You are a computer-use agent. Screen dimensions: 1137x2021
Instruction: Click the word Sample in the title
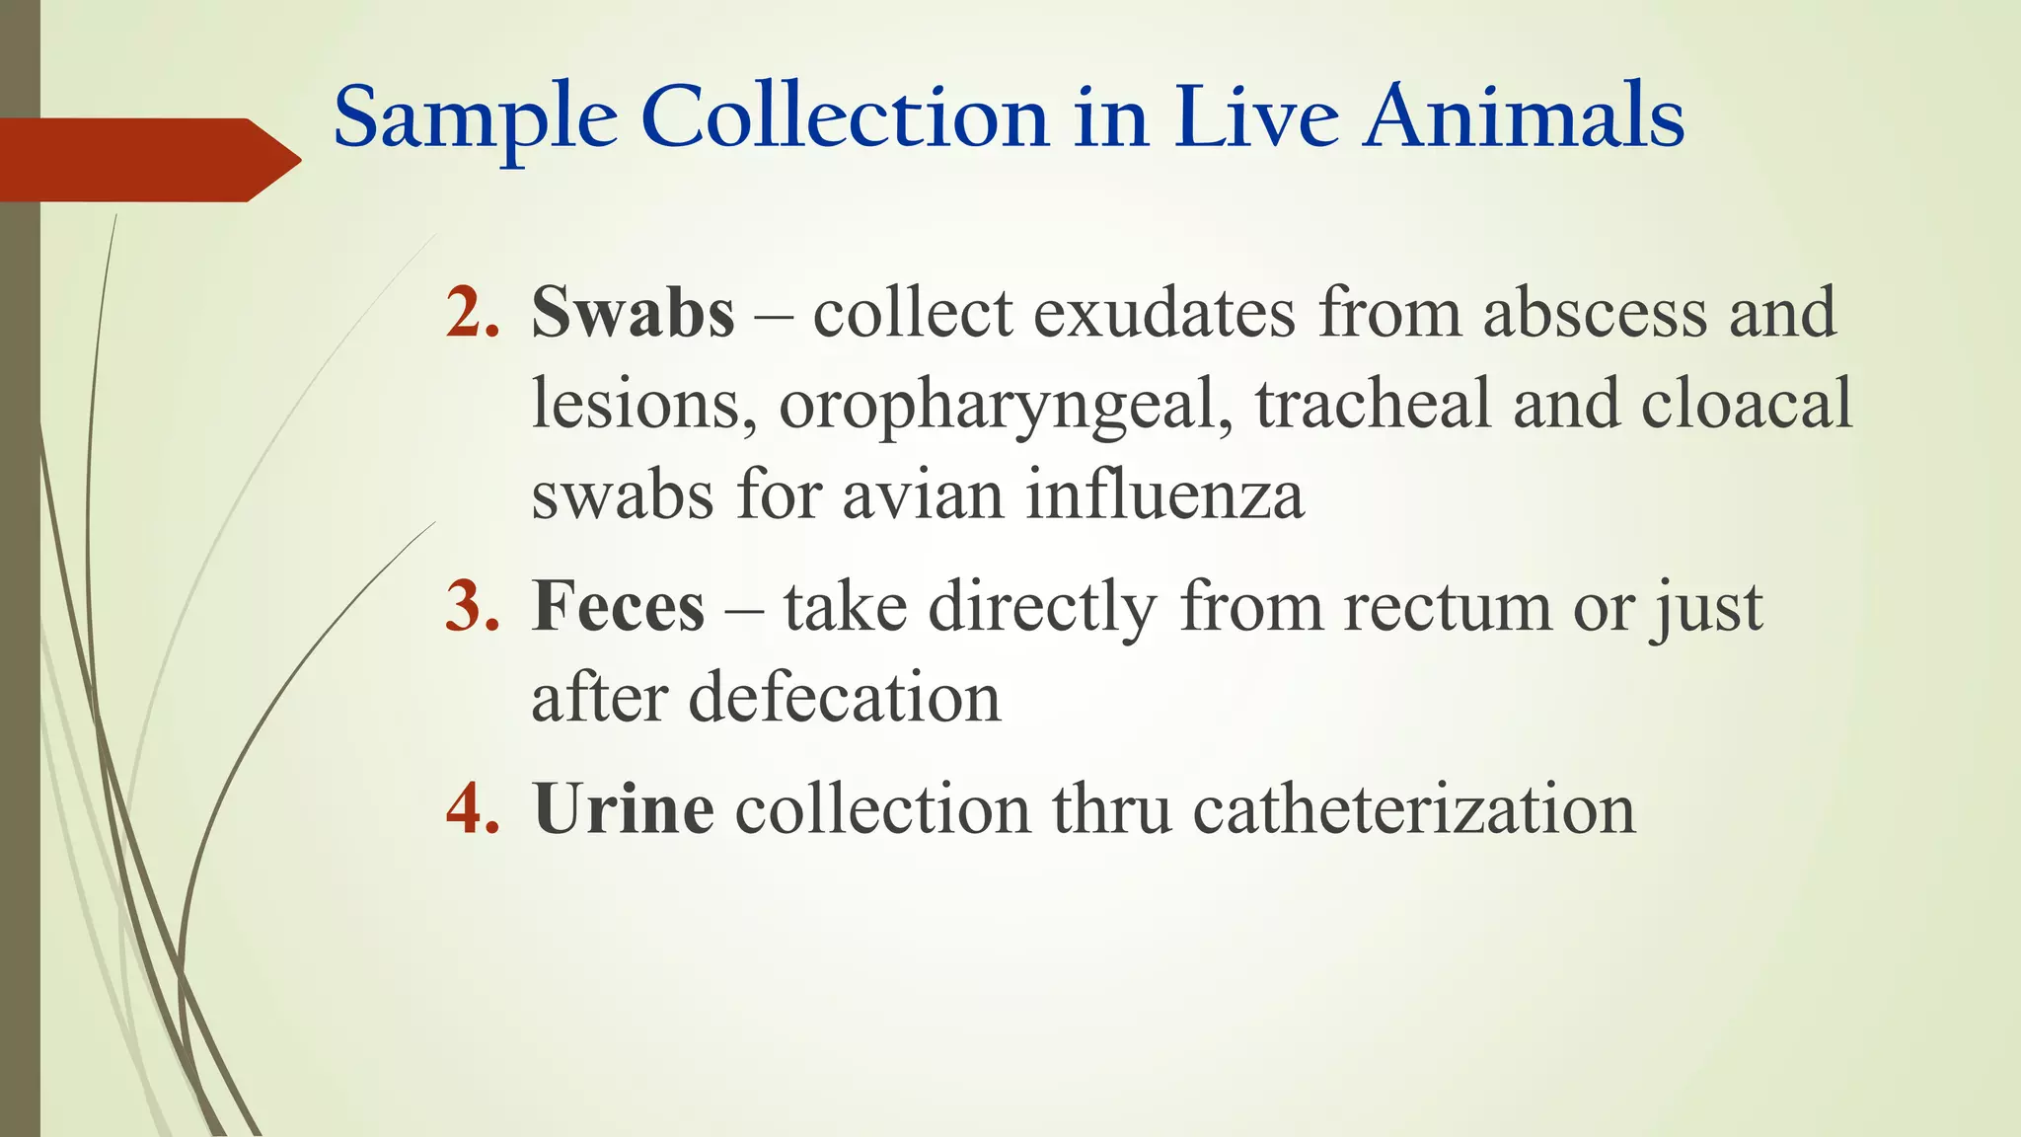tap(476, 118)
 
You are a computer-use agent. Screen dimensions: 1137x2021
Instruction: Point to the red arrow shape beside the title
tap(148, 160)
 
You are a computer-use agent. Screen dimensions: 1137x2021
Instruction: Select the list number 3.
tap(472, 606)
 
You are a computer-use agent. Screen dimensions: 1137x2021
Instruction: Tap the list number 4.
tap(472, 808)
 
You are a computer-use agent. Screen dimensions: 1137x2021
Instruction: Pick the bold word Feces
tap(618, 606)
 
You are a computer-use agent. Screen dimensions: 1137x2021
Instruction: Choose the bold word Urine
tap(624, 808)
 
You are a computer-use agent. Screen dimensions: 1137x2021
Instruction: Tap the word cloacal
tap(1747, 405)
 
